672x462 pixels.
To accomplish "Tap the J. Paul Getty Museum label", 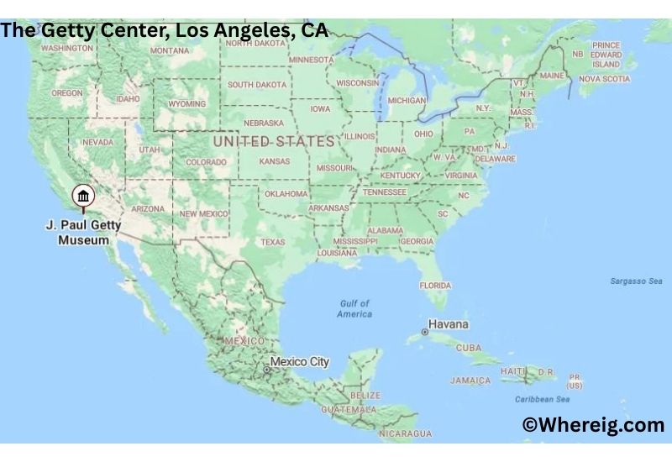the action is point(83,233).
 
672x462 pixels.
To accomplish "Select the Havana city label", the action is point(449,324).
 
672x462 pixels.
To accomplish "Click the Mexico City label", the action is point(299,362).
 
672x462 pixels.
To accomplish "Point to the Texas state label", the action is point(272,242).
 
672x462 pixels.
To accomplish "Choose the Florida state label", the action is point(435,286).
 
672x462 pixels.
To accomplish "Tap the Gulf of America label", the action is point(354,308).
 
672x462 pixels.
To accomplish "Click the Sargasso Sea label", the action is point(636,281).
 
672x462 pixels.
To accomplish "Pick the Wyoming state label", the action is point(186,104).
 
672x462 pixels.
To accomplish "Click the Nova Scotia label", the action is point(604,79).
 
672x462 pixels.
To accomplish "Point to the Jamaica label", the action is point(470,381).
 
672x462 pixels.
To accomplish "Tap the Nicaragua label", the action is point(406,434).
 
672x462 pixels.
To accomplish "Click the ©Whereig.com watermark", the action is point(593,425).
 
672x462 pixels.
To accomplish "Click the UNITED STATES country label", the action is point(273,142).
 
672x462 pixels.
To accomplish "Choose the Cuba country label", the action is point(469,348).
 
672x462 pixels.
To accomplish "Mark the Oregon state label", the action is point(67,93).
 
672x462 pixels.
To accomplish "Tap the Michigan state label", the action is point(407,101).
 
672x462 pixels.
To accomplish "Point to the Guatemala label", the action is point(349,409).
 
